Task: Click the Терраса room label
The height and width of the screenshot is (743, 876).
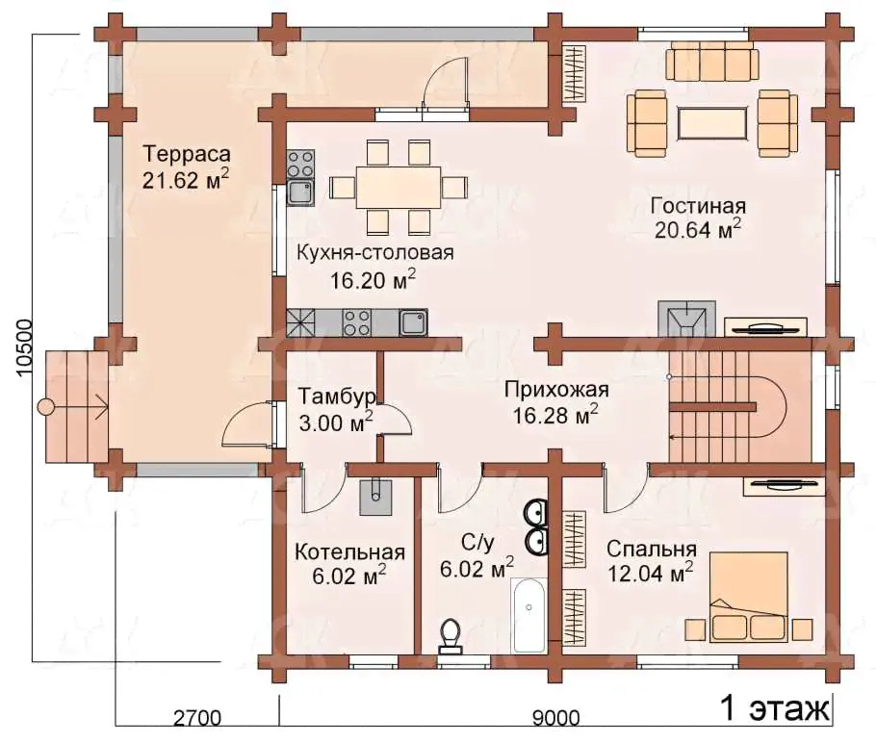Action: tap(187, 154)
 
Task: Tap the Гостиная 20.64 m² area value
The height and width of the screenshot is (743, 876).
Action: tap(698, 229)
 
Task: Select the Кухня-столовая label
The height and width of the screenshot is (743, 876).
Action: tap(374, 253)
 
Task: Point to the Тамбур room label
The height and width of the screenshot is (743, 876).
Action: tap(337, 397)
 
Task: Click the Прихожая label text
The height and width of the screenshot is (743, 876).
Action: tap(556, 390)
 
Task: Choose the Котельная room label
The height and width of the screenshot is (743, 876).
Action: tap(349, 551)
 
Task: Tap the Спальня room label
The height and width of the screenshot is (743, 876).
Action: tap(652, 550)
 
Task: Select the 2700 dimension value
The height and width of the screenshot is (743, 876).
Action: tap(197, 717)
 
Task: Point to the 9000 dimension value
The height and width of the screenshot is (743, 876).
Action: tap(555, 717)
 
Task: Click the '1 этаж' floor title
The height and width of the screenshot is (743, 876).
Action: tap(775, 708)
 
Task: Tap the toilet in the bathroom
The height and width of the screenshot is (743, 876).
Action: tap(451, 636)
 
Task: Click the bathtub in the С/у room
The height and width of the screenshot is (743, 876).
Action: tap(529, 615)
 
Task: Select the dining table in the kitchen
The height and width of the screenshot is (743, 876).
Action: tap(399, 187)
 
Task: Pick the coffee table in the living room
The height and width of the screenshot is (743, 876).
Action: tap(712, 122)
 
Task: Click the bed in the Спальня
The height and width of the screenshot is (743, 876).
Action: tap(749, 597)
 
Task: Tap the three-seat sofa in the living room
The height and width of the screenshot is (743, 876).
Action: tap(712, 63)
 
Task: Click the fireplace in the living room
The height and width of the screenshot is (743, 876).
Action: tap(686, 319)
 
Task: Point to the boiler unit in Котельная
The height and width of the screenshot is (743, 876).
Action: tap(375, 496)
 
